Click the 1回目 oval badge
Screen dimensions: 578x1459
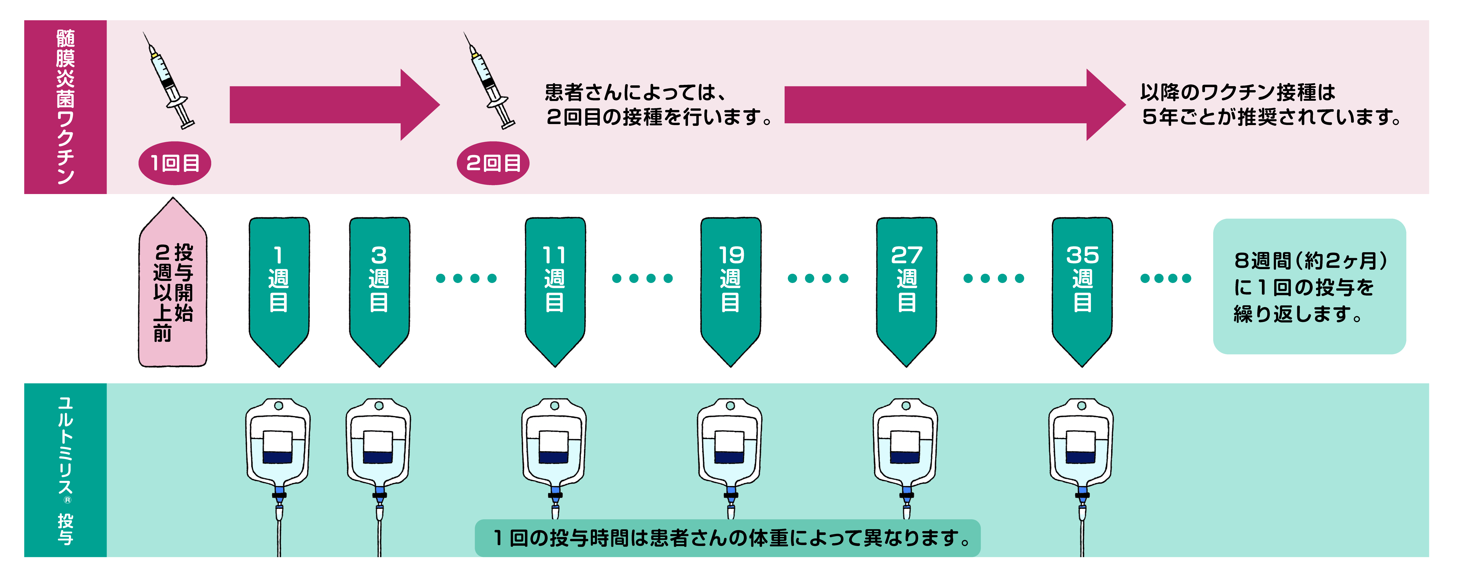click(x=175, y=163)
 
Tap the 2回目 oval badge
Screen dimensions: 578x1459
click(x=493, y=163)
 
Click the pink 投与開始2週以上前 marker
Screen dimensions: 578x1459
click(x=173, y=289)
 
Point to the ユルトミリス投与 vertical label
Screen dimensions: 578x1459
click(x=65, y=470)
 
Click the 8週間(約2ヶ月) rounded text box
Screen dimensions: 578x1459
click(x=1309, y=287)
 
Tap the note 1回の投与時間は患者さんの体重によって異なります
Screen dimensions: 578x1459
click(x=727, y=538)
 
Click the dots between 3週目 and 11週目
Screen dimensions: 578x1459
click(x=466, y=278)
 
